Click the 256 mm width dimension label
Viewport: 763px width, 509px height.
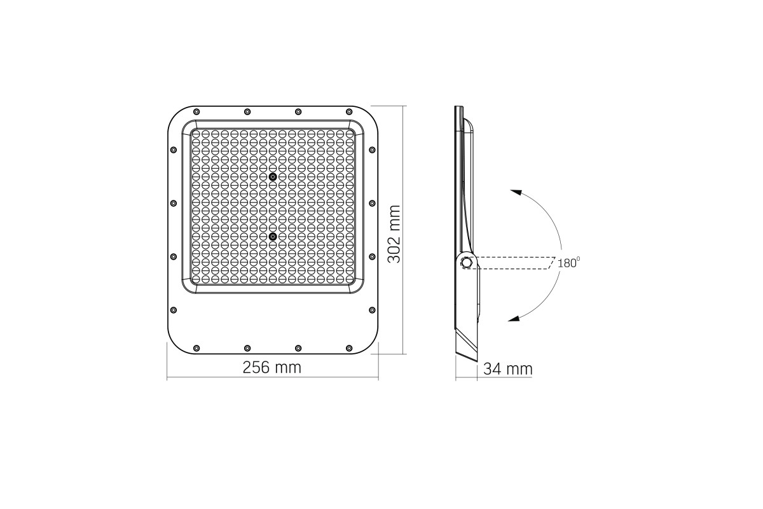pyautogui.click(x=272, y=368)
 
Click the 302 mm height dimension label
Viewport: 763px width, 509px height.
pyautogui.click(x=394, y=234)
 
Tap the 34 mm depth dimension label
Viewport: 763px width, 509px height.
pyautogui.click(x=507, y=369)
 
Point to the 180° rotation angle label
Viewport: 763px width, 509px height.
pyautogui.click(x=568, y=263)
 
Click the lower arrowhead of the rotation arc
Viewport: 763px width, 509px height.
pyautogui.click(x=514, y=319)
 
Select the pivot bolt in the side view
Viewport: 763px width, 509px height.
pyautogui.click(x=466, y=263)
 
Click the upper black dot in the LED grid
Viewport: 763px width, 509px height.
pyautogui.click(x=273, y=177)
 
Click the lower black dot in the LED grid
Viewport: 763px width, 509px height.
pyautogui.click(x=273, y=236)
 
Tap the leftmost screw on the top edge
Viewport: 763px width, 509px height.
pyautogui.click(x=196, y=112)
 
